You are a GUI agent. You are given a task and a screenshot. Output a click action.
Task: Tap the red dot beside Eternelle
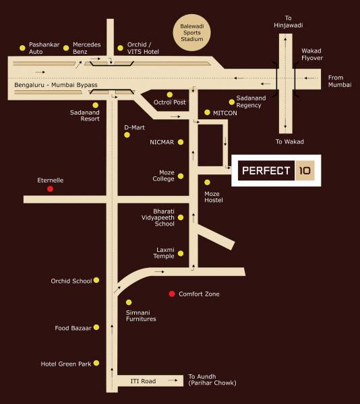click(50, 189)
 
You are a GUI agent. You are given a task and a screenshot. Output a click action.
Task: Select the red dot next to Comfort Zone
click(172, 294)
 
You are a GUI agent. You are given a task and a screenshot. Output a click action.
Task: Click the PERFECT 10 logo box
click(276, 171)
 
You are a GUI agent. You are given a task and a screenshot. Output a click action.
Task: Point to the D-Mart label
click(135, 127)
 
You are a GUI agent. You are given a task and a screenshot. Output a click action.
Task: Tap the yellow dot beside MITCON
click(206, 112)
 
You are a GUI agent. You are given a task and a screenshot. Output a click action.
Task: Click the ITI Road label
click(143, 381)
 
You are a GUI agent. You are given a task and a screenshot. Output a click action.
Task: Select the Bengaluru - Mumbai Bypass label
click(56, 86)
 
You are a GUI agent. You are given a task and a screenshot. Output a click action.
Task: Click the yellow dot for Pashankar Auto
click(23, 48)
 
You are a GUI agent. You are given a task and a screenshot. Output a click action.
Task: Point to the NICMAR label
click(162, 142)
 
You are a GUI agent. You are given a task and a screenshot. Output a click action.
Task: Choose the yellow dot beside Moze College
click(181, 176)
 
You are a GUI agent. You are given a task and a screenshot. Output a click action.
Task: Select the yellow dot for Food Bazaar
click(97, 327)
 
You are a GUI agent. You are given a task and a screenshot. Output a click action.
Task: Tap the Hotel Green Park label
click(65, 364)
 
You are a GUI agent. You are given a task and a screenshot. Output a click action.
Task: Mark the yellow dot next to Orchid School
click(97, 280)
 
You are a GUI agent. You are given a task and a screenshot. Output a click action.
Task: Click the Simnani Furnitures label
click(141, 315)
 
